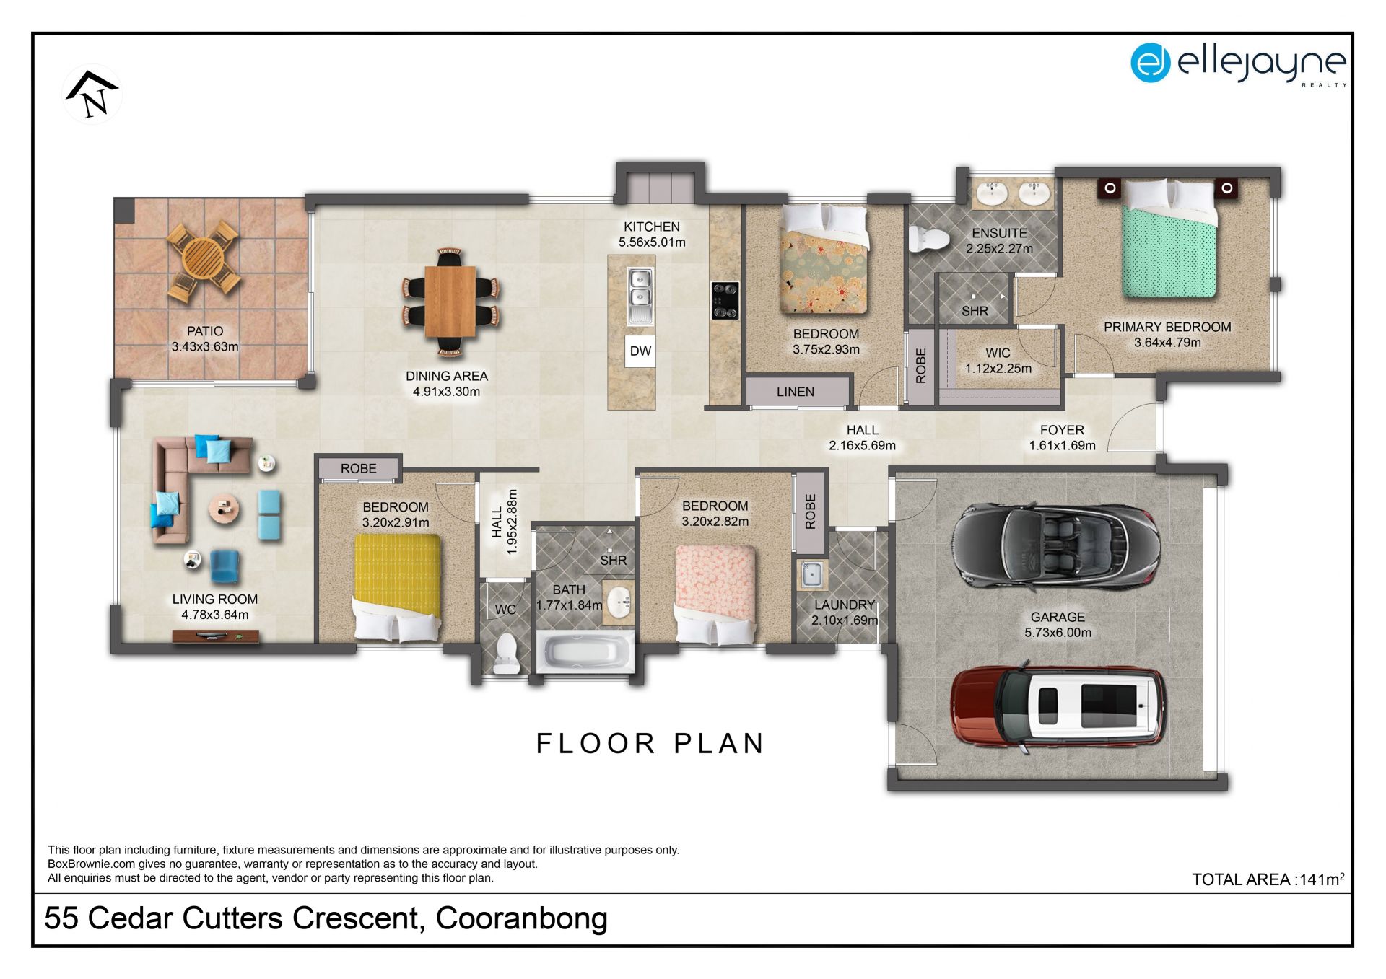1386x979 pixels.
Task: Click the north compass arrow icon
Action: click(92, 95)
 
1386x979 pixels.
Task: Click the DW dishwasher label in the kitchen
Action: click(640, 351)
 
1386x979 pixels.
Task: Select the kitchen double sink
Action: click(640, 296)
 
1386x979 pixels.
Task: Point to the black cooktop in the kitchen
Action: click(725, 300)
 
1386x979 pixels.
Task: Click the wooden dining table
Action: click(450, 302)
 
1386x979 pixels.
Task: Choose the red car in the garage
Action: click(1058, 708)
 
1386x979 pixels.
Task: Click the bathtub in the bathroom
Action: click(585, 652)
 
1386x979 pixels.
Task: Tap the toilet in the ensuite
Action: click(928, 239)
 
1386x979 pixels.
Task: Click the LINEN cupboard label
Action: click(796, 392)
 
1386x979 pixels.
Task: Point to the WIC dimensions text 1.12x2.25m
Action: click(998, 369)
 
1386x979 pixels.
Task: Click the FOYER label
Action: click(1062, 430)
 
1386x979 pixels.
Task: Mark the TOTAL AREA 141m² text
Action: click(1268, 879)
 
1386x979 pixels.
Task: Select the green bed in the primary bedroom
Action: click(1169, 240)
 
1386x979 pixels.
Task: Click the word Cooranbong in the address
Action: click(521, 919)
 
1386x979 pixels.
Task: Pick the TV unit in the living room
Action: click(215, 636)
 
